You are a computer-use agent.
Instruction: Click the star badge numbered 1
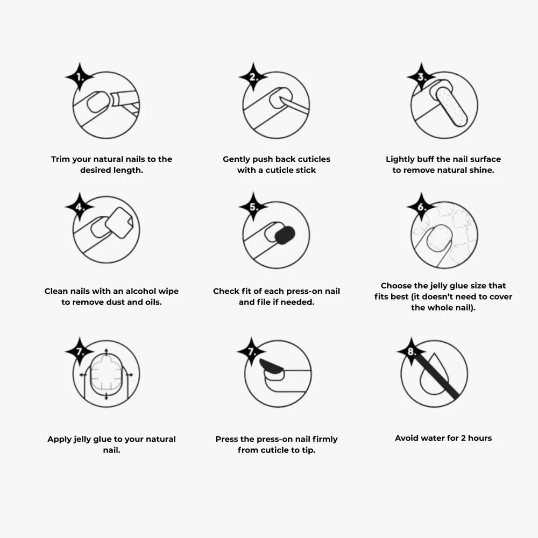point(80,77)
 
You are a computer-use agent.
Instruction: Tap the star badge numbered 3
point(421,77)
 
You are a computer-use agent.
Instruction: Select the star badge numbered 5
point(253,207)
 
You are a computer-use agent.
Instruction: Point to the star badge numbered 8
point(412,351)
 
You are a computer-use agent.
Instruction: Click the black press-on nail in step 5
point(285,235)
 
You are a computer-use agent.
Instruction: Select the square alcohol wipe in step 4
point(119,223)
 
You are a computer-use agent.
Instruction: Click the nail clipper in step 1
point(125,103)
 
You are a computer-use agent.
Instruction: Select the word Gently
point(236,159)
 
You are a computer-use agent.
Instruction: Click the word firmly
point(325,439)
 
